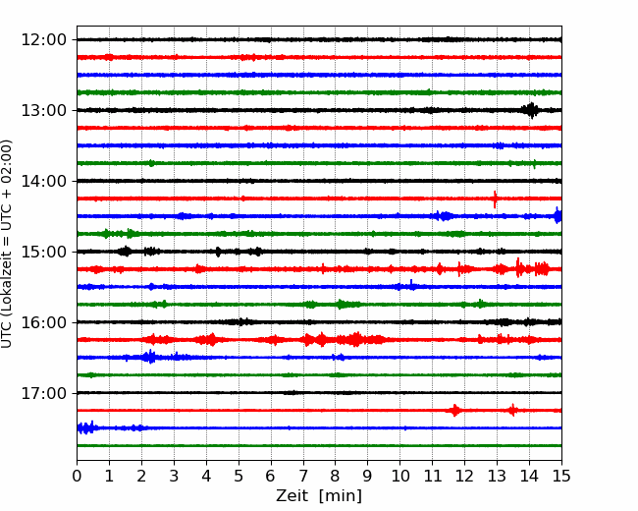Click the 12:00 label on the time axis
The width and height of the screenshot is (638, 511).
point(43,40)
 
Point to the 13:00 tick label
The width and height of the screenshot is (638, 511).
point(43,110)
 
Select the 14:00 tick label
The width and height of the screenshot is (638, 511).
point(43,181)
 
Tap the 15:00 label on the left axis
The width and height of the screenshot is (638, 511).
point(43,252)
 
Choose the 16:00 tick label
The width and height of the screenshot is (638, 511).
point(43,322)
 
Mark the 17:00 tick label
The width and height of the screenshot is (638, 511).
point(43,393)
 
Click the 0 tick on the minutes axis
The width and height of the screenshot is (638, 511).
point(77,476)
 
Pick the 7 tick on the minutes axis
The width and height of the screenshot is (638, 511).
point(303,476)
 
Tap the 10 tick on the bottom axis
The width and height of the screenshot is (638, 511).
point(399,476)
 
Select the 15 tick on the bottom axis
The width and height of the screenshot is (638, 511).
point(561,476)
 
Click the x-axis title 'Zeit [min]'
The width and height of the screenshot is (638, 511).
point(319,496)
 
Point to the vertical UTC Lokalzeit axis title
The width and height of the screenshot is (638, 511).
point(6,244)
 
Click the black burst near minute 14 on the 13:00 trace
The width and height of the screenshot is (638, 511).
point(531,110)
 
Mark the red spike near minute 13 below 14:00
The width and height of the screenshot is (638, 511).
point(495,199)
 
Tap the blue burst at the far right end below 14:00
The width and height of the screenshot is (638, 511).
point(558,215)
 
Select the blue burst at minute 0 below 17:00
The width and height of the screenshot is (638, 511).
point(86,427)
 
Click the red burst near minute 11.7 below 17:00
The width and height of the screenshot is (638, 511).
point(454,411)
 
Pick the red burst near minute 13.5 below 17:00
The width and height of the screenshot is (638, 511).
point(512,410)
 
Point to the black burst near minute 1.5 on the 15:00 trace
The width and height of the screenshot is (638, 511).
point(125,251)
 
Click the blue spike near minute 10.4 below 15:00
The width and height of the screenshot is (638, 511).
point(411,285)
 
